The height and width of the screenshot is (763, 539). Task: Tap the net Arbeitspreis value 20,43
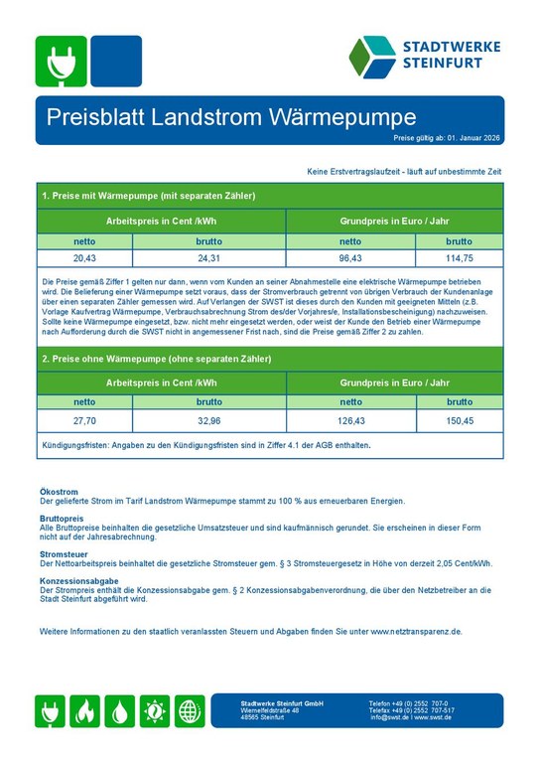coord(84,257)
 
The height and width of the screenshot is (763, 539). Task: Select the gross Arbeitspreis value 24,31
coord(208,257)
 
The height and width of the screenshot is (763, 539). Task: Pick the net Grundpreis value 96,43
coord(350,257)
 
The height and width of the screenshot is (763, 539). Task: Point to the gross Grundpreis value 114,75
coord(459,257)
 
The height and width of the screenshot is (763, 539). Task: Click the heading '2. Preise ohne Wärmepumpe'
coord(156,358)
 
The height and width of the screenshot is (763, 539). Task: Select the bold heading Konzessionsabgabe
coord(79,580)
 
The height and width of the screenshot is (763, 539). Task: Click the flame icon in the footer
coord(86,711)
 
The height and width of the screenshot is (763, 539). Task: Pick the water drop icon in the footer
coord(120,711)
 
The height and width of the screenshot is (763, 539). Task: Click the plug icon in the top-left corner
coord(61,63)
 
